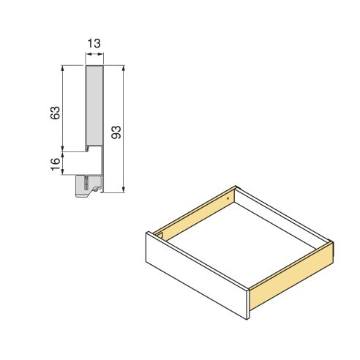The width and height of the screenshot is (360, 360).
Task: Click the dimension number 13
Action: click(94, 45)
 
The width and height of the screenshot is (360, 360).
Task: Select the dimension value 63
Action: click(54, 113)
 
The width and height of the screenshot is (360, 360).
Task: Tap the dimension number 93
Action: click(116, 132)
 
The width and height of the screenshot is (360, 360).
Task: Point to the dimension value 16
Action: click(54, 164)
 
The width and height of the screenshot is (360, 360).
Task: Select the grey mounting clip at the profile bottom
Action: click(87, 187)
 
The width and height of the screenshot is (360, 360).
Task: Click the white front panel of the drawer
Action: click(198, 278)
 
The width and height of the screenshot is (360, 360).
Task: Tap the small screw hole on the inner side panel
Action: click(228, 197)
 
